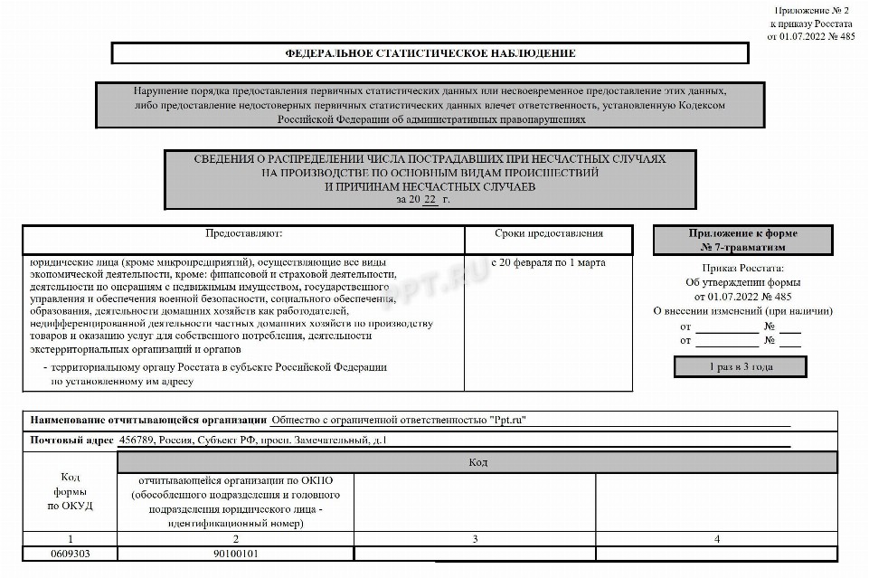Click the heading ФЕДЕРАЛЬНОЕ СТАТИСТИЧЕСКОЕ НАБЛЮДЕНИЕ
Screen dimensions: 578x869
[x=430, y=53]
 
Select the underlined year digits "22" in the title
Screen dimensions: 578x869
[x=430, y=199]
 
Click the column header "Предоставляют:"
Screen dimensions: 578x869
[x=243, y=233]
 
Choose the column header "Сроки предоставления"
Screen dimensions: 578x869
[x=549, y=233]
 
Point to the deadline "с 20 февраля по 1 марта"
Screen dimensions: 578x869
[x=549, y=262]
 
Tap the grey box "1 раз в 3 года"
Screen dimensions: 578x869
[x=741, y=366]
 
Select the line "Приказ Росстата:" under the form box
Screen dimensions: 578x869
[x=742, y=268]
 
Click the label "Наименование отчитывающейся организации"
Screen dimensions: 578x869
[x=148, y=420]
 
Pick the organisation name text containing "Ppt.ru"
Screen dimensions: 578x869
[x=399, y=420]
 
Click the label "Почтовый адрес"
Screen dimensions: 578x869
[x=71, y=441]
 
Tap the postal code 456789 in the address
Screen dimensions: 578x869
[x=136, y=441]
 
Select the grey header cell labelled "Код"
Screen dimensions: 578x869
[x=477, y=462]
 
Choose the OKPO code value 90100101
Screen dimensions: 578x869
[x=235, y=553]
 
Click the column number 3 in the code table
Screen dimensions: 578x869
[x=475, y=539]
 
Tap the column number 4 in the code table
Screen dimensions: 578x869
[x=716, y=539]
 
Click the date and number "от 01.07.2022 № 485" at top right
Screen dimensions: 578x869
[x=812, y=37]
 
